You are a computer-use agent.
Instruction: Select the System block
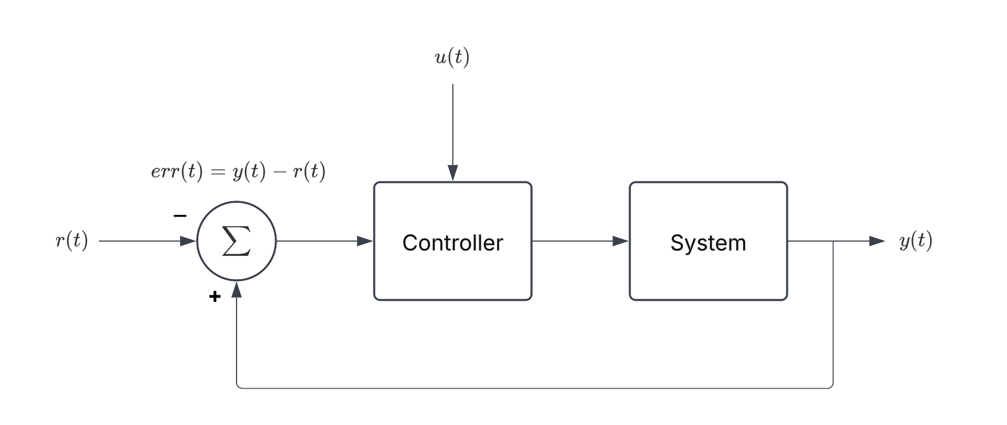coord(708,274)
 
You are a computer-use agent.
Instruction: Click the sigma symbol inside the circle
coord(236,242)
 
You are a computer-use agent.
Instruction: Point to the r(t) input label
coord(72,241)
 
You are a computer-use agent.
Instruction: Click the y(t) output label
coord(915,241)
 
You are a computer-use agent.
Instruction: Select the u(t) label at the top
coord(452,58)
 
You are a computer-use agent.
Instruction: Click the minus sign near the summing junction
coord(180,216)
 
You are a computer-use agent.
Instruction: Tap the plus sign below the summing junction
coord(215,296)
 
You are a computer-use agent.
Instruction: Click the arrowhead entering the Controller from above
coord(453,173)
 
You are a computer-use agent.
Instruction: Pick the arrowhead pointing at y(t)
coord(877,241)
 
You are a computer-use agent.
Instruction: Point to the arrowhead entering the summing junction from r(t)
coord(188,241)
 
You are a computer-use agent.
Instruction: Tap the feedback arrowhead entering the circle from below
coord(237,290)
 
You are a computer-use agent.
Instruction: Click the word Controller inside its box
coord(452,243)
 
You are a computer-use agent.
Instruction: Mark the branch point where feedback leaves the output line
coord(832,241)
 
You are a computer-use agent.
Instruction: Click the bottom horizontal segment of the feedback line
coord(536,388)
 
